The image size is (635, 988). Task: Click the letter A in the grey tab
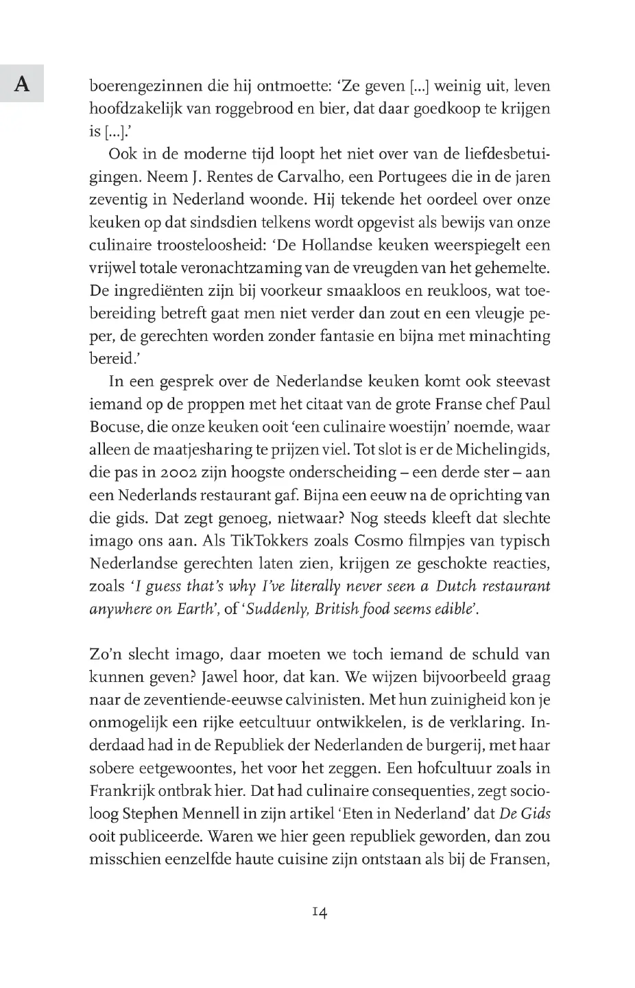[x=22, y=84]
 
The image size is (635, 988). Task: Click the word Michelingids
[x=503, y=449]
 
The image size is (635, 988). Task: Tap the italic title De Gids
[x=525, y=814]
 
